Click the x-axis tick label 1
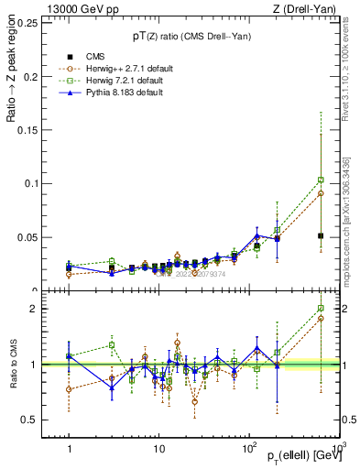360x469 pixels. (69, 452)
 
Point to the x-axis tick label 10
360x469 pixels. (158, 452)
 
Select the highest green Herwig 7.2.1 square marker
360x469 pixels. (321, 180)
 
